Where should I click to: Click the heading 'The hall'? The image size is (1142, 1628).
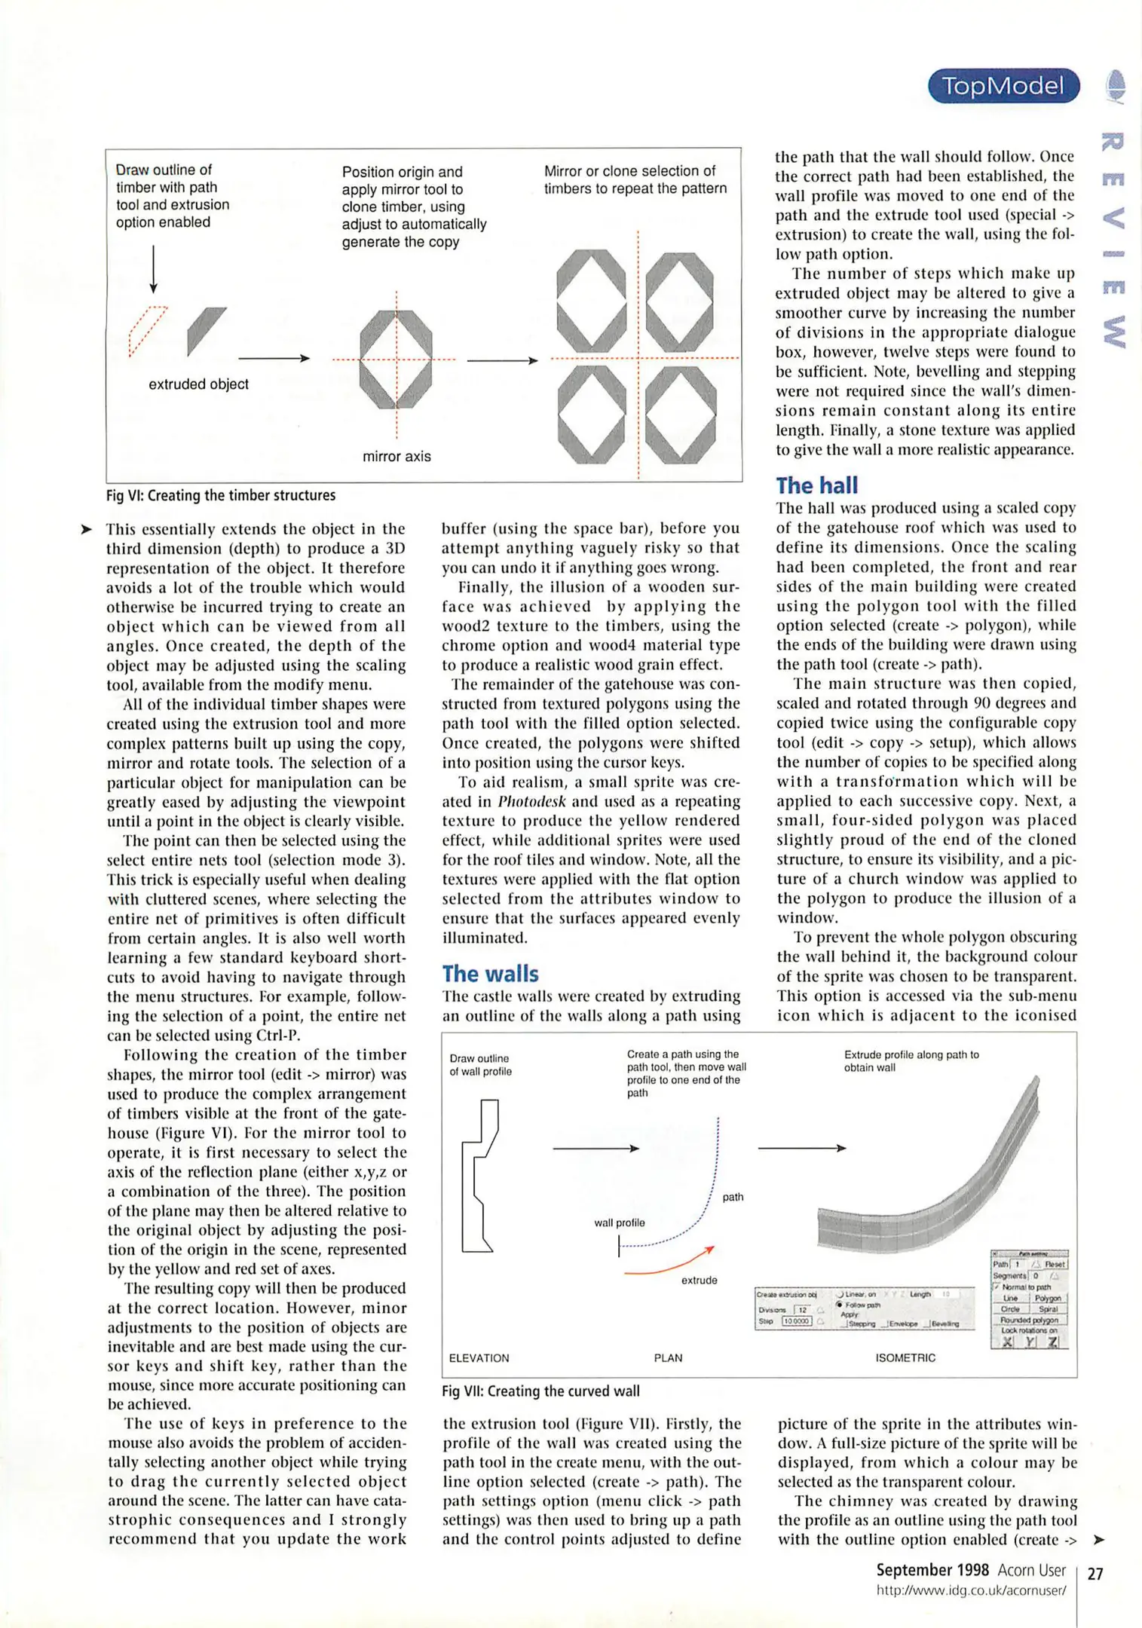[817, 485]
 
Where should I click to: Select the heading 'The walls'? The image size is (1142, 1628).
[490, 974]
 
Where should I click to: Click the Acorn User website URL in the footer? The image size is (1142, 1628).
[971, 1591]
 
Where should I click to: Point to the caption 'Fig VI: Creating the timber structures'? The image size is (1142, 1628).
[221, 495]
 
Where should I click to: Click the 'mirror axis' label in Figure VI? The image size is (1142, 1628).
[396, 457]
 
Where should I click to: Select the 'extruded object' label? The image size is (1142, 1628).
[198, 384]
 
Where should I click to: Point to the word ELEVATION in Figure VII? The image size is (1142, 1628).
[479, 1358]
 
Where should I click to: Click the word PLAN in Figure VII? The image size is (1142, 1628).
[668, 1358]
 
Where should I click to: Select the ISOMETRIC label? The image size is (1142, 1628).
[905, 1358]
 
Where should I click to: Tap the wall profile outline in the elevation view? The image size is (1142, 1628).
[479, 1176]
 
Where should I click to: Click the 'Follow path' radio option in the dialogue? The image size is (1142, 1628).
[858, 1305]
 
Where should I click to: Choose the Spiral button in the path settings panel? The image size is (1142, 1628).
[1048, 1309]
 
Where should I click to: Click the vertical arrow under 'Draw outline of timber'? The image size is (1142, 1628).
[154, 268]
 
